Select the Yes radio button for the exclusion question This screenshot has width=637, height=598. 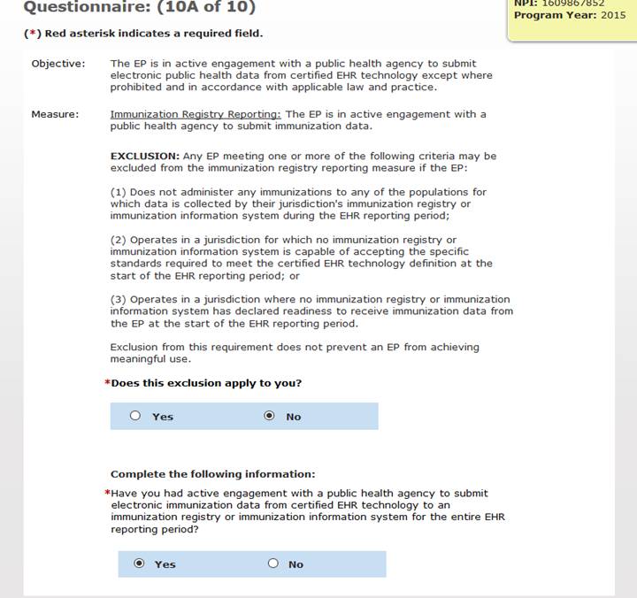[135, 416]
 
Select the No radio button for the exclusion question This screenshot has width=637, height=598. [270, 416]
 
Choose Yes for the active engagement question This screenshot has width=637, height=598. [139, 563]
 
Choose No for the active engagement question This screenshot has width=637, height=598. [272, 563]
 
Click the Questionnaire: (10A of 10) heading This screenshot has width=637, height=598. [139, 8]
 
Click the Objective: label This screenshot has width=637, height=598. [58, 64]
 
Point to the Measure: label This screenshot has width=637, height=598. [55, 114]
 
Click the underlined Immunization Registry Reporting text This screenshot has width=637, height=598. [196, 114]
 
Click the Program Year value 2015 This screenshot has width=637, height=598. [613, 15]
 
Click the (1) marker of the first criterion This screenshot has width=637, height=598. [119, 192]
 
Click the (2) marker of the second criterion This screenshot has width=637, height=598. [119, 240]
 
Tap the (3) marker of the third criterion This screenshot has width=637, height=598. [119, 299]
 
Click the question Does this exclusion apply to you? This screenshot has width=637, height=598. [206, 383]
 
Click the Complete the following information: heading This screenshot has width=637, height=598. [212, 474]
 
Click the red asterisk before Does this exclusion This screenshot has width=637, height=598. [107, 383]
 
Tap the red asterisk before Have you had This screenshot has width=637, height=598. [107, 494]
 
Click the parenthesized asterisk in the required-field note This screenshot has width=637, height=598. [31, 34]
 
